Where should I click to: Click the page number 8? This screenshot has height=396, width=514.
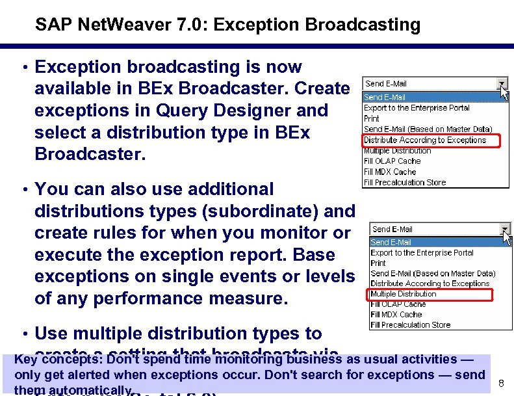point(501,384)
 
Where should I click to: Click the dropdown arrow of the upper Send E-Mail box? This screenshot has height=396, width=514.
point(502,84)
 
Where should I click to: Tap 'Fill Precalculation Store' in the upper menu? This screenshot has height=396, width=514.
point(404,183)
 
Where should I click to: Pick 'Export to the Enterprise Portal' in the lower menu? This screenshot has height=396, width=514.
point(422,252)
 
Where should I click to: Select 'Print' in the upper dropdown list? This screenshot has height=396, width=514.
point(371,119)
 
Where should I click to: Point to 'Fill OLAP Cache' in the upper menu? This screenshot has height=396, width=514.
point(392,161)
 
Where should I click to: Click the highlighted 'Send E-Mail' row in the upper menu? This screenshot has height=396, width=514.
point(385,98)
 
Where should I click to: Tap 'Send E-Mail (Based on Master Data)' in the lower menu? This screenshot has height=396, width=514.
point(432,273)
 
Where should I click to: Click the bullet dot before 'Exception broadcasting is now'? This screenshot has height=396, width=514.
point(23,68)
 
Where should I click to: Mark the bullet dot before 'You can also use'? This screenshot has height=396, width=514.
point(23,189)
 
